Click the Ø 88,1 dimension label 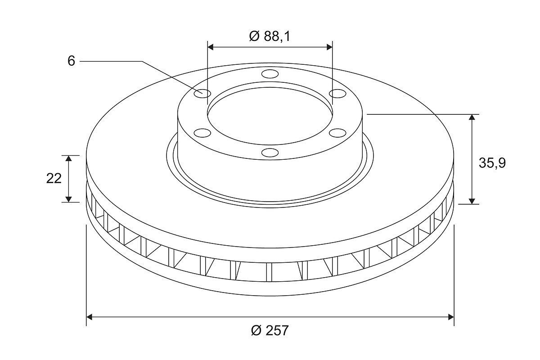click(270, 36)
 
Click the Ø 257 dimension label click(270, 330)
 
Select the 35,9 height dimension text click(492, 163)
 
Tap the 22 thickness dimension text click(54, 179)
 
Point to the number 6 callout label click(72, 61)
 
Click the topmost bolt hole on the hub click(270, 74)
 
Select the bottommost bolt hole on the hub click(270, 153)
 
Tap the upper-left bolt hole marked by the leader click(202, 94)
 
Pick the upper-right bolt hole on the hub click(337, 94)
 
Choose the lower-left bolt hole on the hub click(202, 133)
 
